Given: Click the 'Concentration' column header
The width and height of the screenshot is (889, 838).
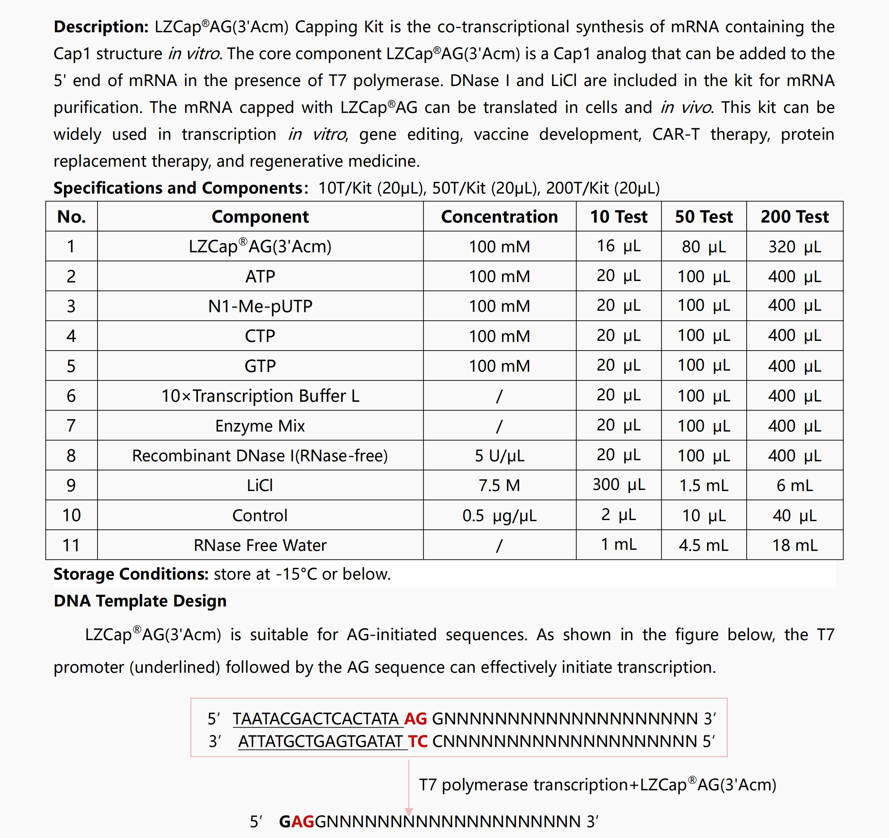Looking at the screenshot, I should (x=499, y=216).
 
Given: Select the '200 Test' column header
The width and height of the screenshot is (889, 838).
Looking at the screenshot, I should (x=794, y=216).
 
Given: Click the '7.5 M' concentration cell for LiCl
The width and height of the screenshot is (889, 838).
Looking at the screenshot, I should (x=499, y=485).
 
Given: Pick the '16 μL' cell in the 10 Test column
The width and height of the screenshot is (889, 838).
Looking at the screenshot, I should (x=618, y=246).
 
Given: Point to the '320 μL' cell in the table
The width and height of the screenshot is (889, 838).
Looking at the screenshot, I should (x=794, y=246).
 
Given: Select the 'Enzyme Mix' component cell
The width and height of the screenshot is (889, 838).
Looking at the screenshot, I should (x=260, y=426).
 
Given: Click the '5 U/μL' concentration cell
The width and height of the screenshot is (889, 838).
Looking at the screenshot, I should (x=499, y=456).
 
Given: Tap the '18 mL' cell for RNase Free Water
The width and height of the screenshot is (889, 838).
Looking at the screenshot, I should (x=794, y=545).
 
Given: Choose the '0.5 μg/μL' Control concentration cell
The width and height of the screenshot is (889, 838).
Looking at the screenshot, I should (x=499, y=515).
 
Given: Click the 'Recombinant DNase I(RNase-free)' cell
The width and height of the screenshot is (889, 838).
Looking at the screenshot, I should (x=260, y=456).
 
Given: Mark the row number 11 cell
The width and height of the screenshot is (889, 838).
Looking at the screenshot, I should (x=71, y=545).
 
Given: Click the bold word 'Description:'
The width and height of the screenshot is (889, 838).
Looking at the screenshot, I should (x=101, y=27).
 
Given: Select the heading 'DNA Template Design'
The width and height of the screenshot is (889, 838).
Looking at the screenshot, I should (x=140, y=601).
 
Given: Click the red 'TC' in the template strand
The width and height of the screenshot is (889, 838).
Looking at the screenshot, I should (x=418, y=742).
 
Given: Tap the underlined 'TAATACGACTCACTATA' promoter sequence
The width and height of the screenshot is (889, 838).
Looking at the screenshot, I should (x=315, y=719).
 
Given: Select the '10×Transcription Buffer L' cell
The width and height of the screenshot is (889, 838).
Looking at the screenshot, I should (x=260, y=396).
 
